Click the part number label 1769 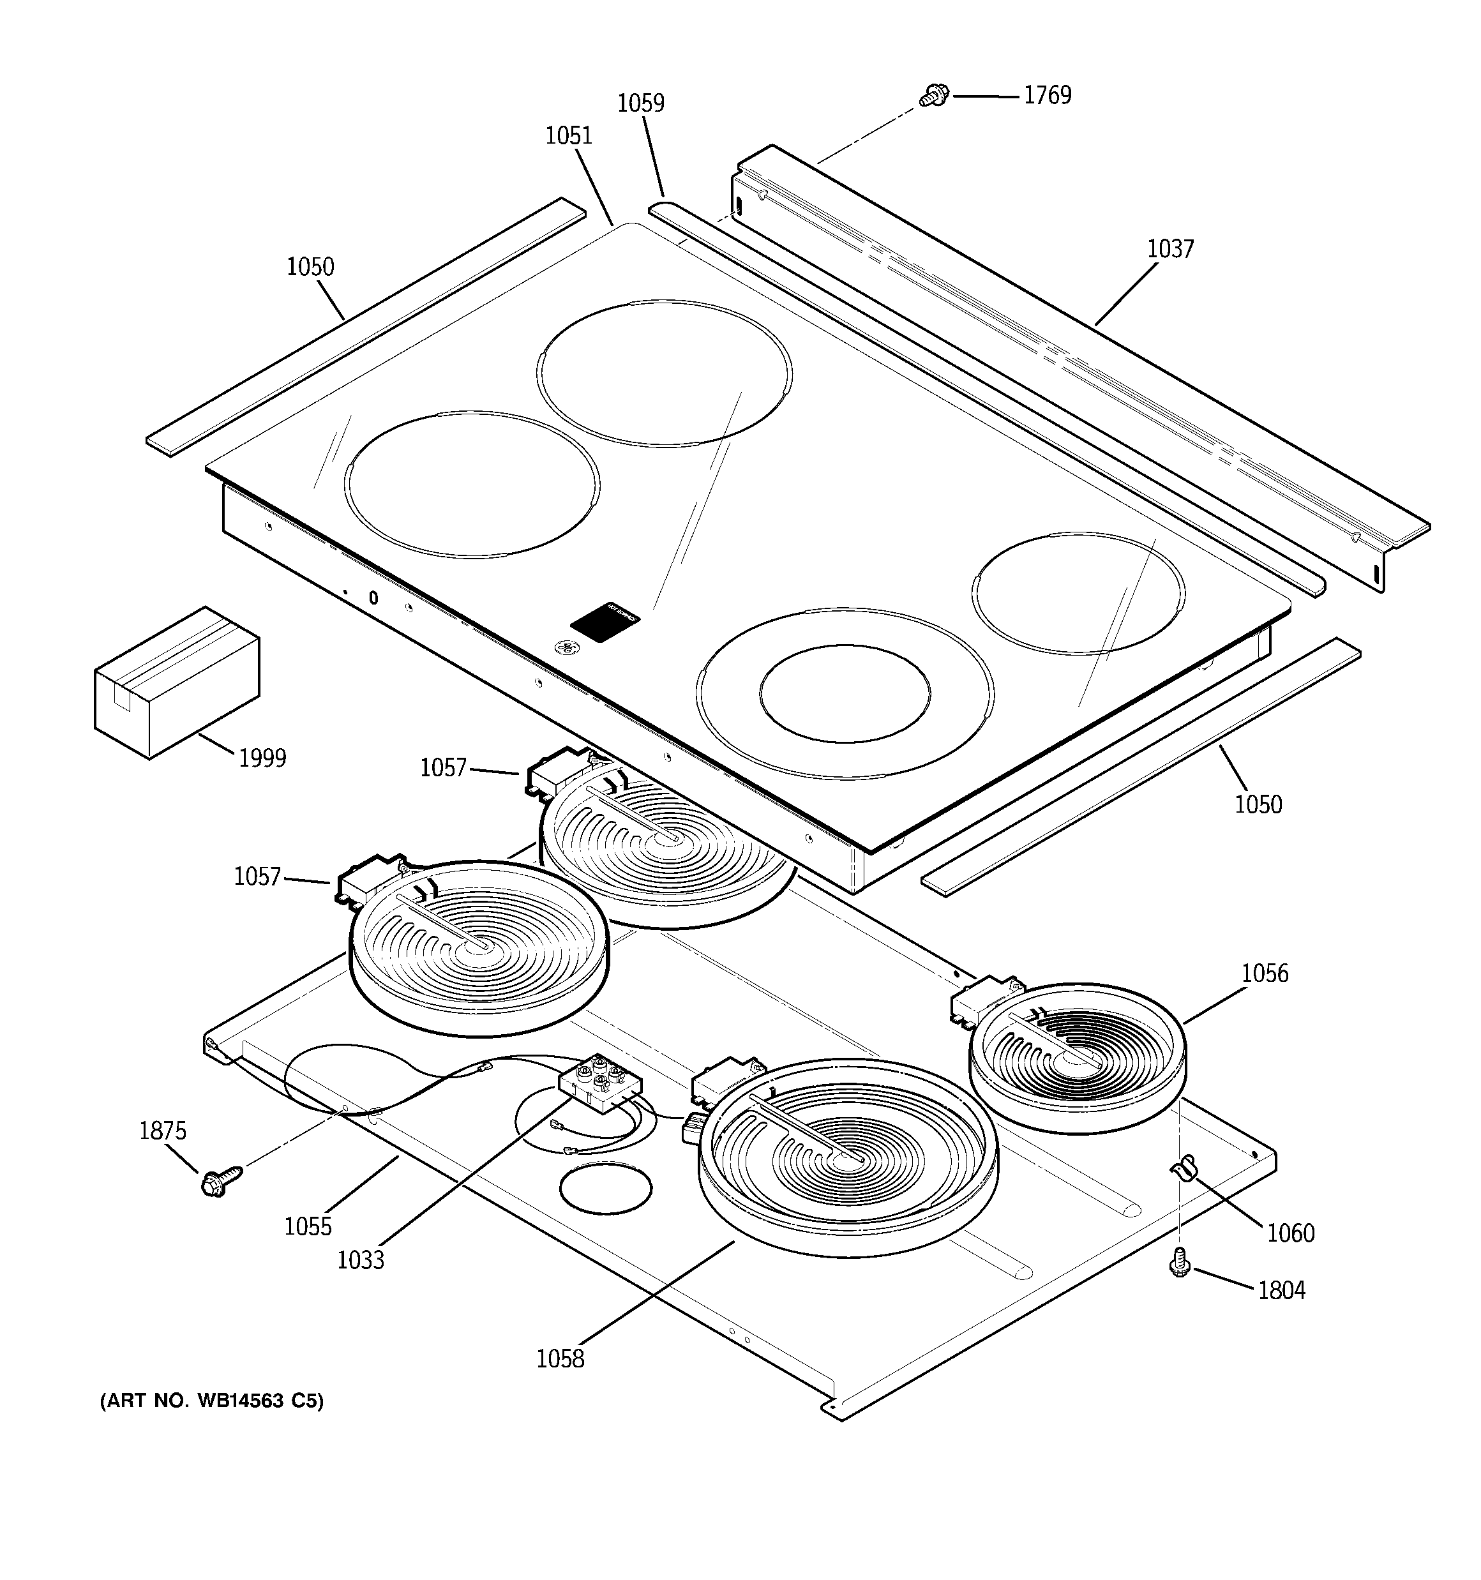pyautogui.click(x=1047, y=95)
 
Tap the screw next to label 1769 pyautogui.click(x=933, y=96)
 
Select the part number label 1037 pyautogui.click(x=1169, y=250)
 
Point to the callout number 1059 pyautogui.click(x=641, y=103)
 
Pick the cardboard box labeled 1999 pyautogui.click(x=176, y=681)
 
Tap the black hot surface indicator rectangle pyautogui.click(x=605, y=619)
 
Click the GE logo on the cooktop pyautogui.click(x=567, y=648)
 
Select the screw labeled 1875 pyautogui.click(x=217, y=1182)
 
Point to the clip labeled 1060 pyautogui.click(x=1183, y=1171)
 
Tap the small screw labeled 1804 pyautogui.click(x=1179, y=1261)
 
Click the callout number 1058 pyautogui.click(x=560, y=1359)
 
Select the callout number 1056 pyautogui.click(x=1264, y=974)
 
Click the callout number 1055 pyautogui.click(x=308, y=1226)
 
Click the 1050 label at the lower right pyautogui.click(x=1258, y=804)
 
